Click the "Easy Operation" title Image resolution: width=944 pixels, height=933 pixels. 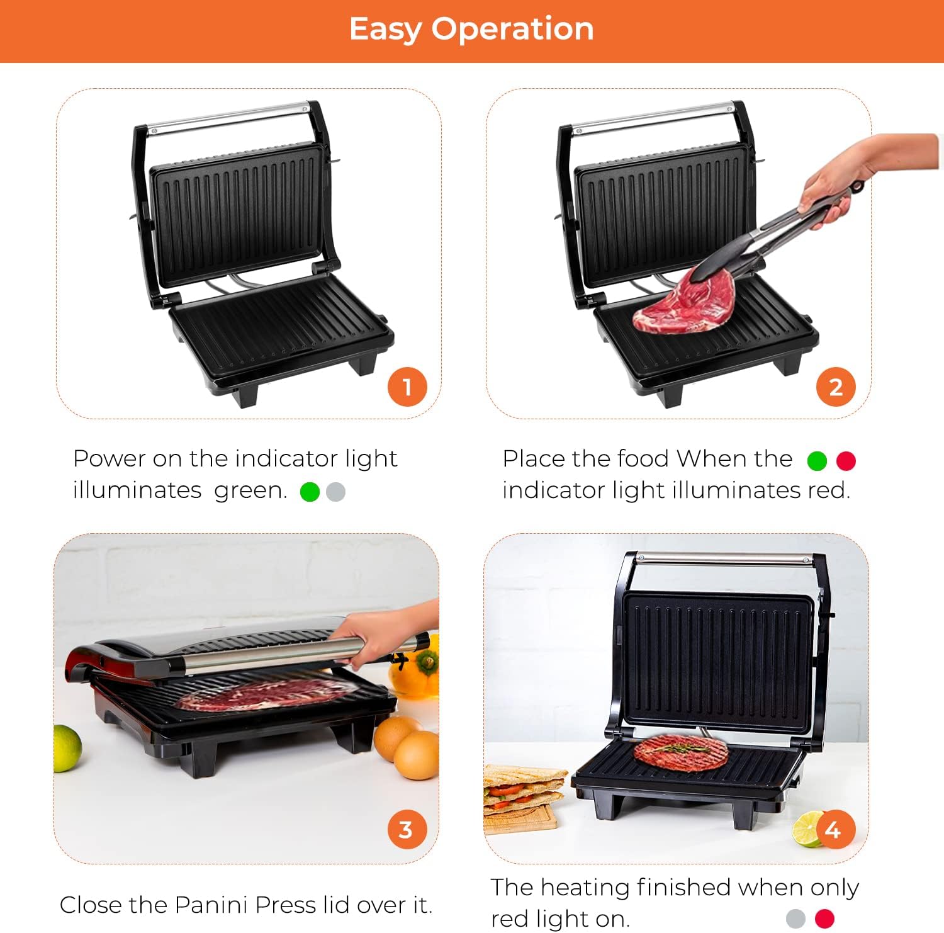click(471, 29)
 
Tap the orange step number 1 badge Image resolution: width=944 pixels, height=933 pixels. click(407, 387)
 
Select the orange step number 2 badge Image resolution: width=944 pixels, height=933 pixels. click(836, 387)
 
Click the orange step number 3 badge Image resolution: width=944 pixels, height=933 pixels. click(407, 829)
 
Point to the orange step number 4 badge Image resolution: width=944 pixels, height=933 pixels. click(835, 829)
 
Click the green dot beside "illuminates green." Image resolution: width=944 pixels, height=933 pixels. click(310, 492)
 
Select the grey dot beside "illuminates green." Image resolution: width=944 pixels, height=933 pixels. click(336, 492)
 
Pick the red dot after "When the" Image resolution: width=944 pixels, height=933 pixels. click(846, 461)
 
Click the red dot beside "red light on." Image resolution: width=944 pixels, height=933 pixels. click(824, 919)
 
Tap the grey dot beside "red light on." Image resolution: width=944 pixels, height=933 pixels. click(796, 919)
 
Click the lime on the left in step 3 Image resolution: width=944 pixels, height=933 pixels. click(67, 748)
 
